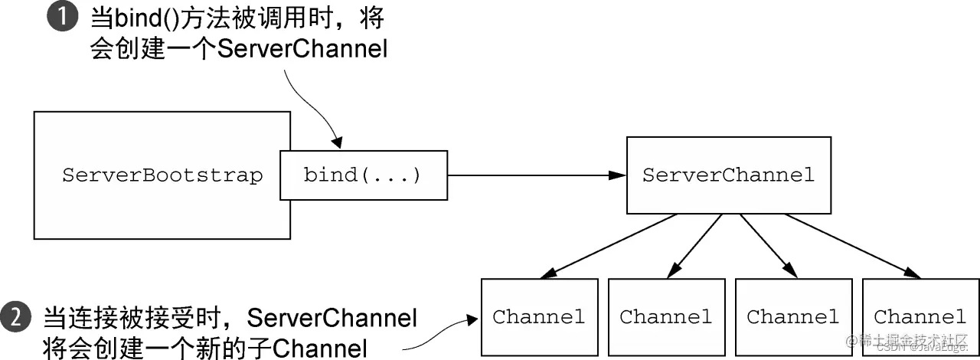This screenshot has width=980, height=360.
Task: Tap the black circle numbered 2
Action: pyautogui.click(x=16, y=316)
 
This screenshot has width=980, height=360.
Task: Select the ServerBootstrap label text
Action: pyautogui.click(x=162, y=175)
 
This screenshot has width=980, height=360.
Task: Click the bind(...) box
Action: pyautogui.click(x=363, y=175)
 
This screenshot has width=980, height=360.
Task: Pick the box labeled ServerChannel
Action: pyautogui.click(x=728, y=175)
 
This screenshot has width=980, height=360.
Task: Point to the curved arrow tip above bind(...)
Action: pyautogui.click(x=336, y=143)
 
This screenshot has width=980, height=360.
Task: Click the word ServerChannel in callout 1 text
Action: pyautogui.click(x=302, y=50)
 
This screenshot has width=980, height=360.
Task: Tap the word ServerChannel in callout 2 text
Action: pyautogui.click(x=332, y=316)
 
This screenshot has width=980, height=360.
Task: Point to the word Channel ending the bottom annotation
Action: pyautogui.click(x=322, y=346)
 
